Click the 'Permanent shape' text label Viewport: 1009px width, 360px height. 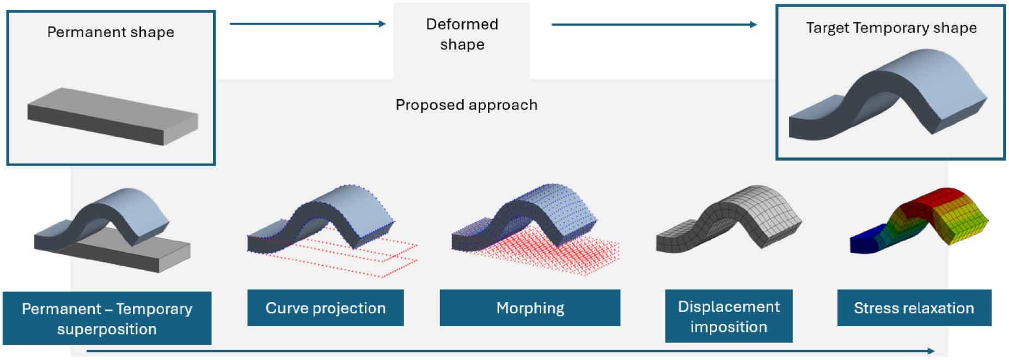click(111, 32)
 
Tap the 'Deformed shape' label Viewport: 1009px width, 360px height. click(462, 34)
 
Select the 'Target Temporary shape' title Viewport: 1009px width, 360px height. click(891, 28)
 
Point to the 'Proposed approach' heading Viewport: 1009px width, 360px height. click(466, 105)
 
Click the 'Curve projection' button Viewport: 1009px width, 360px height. click(325, 308)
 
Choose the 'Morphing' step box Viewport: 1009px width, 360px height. click(530, 308)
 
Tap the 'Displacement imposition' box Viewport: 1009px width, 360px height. click(729, 316)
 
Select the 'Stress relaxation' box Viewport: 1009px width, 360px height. click(914, 308)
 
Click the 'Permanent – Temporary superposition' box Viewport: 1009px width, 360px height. click(107, 318)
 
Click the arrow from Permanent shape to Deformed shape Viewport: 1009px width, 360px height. click(308, 24)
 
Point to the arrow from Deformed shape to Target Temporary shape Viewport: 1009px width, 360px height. click(653, 25)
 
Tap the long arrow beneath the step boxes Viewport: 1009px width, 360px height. click(510, 351)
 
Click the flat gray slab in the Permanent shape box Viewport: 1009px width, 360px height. click(112, 116)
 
